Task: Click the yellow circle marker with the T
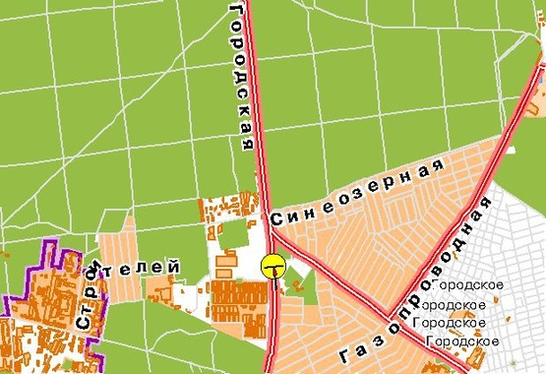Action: (273, 266)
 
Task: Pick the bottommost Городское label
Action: (457, 341)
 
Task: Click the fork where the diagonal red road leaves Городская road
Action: (271, 233)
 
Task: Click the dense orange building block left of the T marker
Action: (238, 295)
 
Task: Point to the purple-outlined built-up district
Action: (44, 315)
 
